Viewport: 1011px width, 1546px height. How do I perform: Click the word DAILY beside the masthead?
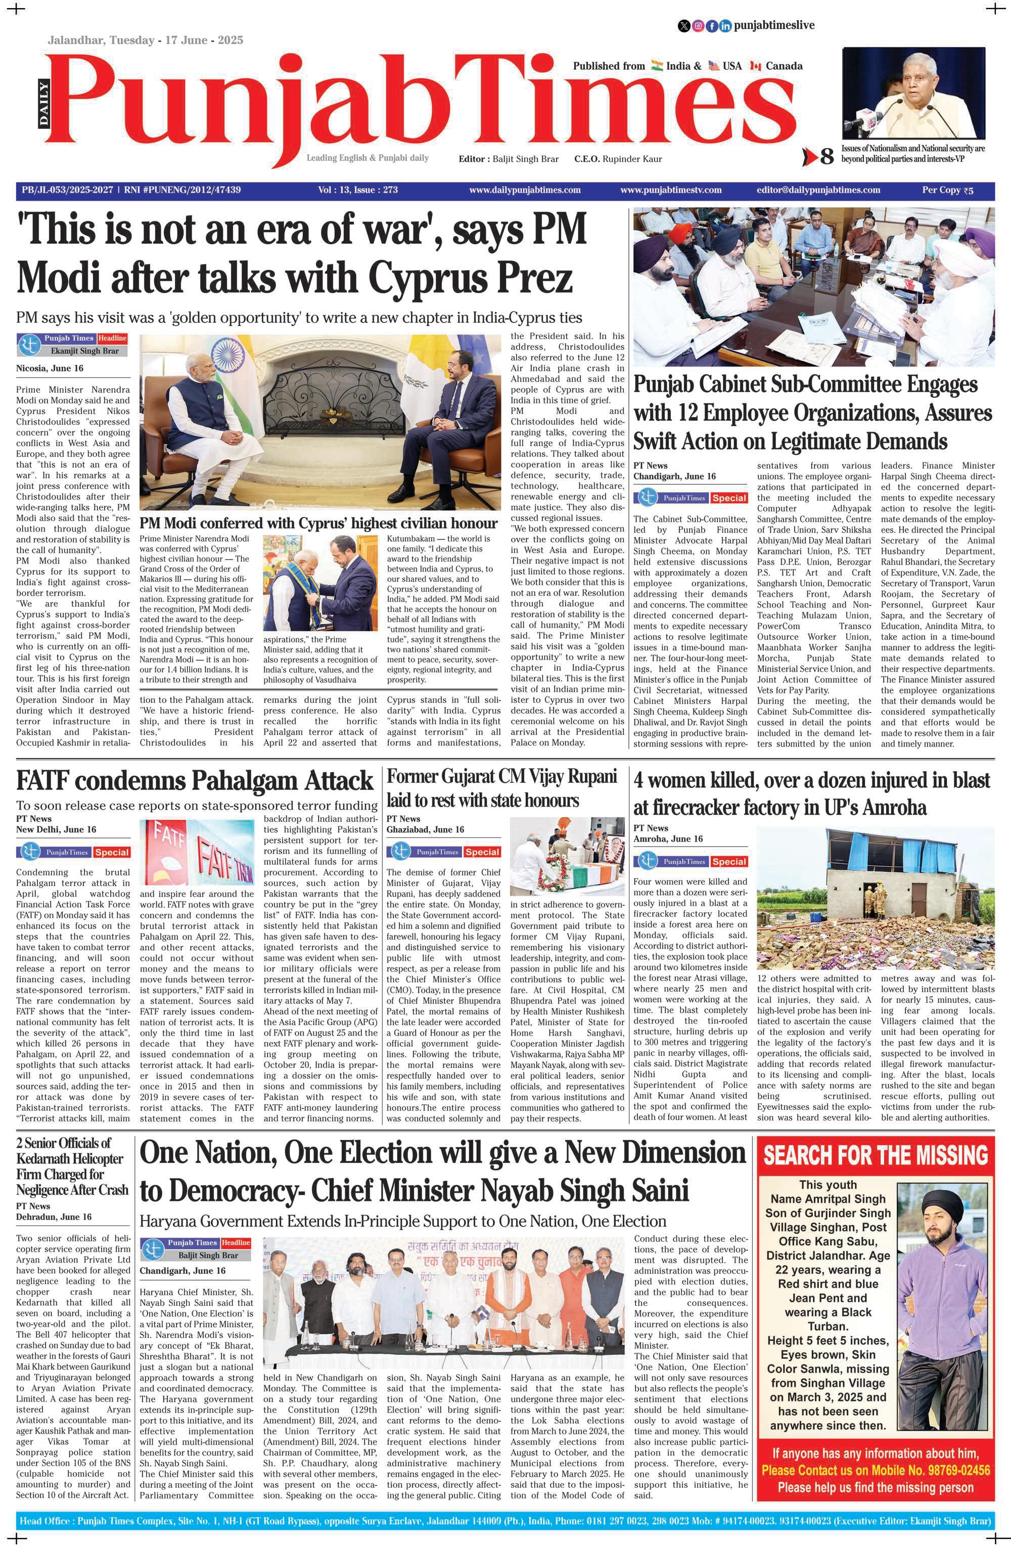point(43,103)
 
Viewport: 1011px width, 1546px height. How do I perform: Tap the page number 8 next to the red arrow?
point(826,157)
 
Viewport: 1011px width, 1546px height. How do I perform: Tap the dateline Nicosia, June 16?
point(50,368)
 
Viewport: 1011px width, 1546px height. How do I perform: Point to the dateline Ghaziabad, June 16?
point(425,829)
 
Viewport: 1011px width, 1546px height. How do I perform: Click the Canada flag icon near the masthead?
point(755,66)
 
